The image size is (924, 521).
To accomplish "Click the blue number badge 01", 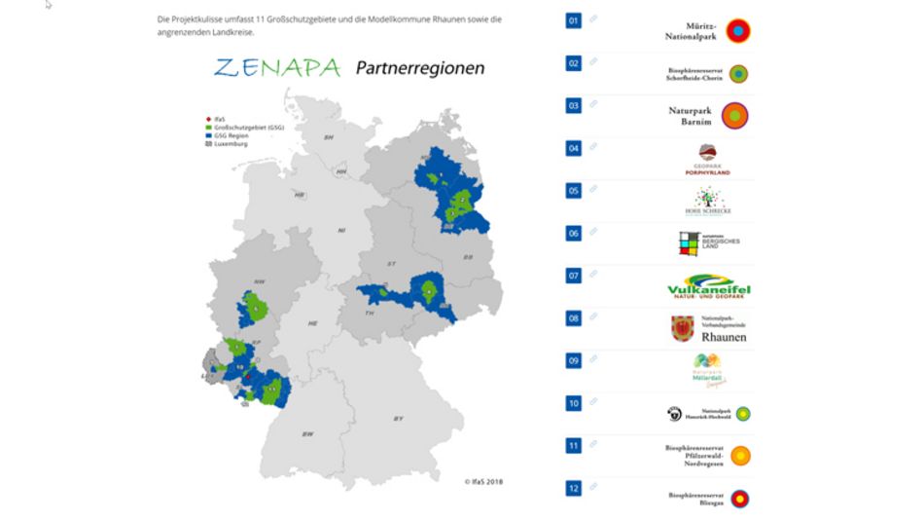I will (x=574, y=20).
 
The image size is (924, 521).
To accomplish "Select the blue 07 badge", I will (x=574, y=276).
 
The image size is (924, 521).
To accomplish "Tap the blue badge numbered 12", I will (x=574, y=488).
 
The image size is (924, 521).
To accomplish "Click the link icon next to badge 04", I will (x=593, y=147).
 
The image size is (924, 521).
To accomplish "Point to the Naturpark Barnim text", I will (x=691, y=116).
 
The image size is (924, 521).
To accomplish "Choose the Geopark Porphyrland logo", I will (x=707, y=160).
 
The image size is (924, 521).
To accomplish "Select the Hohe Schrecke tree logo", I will (x=707, y=202).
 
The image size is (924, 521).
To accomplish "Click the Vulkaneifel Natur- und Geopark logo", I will (x=709, y=289).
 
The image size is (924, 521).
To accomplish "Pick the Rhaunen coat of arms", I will (x=683, y=329).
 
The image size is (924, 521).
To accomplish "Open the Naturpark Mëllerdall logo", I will (x=707, y=371).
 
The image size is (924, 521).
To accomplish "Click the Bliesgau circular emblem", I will (x=741, y=499).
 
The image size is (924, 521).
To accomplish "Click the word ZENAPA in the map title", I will (x=277, y=68).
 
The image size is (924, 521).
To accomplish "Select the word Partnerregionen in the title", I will (x=419, y=68).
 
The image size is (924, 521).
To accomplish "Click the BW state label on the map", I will (x=307, y=433).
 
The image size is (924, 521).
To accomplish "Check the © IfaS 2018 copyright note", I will (x=483, y=480).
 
